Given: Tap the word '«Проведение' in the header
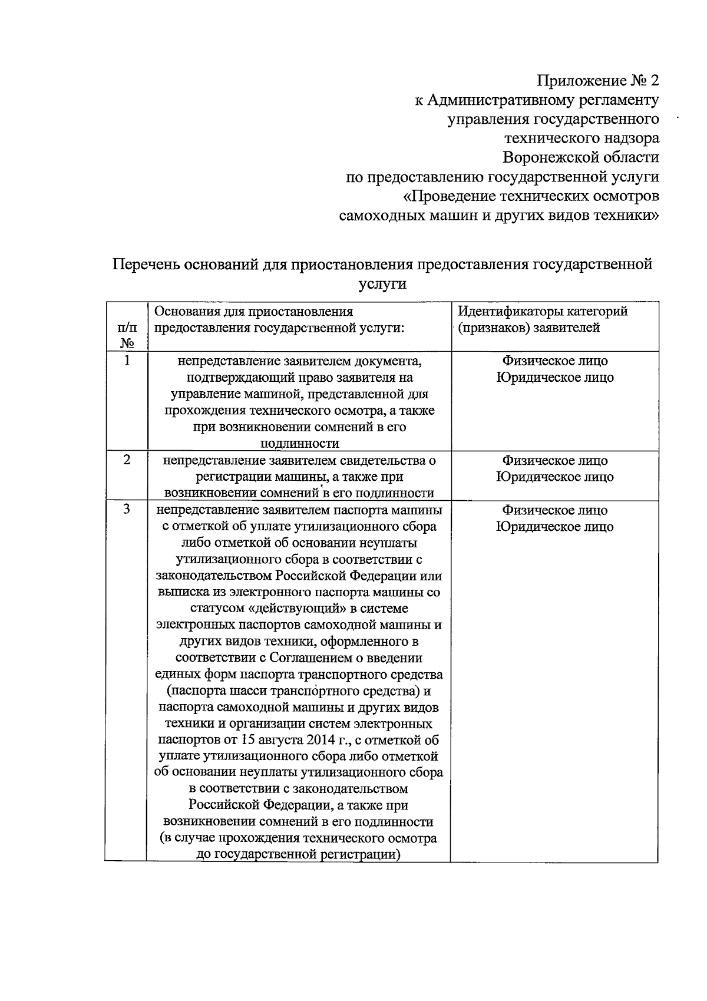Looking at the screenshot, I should coord(451,196).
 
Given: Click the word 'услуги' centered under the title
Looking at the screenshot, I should coord(382,283).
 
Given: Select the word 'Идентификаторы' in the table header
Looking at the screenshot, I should coord(510,311).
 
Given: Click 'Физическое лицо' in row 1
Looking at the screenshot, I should coord(554,361).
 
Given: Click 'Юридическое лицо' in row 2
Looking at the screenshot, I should coord(554,477).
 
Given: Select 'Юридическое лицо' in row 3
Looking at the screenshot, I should coord(554,527).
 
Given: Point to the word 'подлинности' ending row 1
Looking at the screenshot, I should coord(299,444).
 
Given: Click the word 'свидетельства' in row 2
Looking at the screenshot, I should coord(383,461).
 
